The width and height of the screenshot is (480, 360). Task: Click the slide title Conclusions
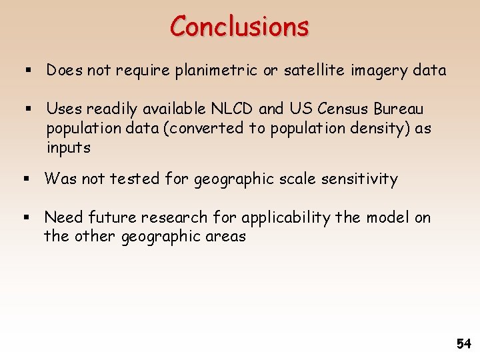[x=239, y=27]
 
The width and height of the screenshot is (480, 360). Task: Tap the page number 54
[x=463, y=344]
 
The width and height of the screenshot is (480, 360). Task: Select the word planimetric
[x=210, y=71]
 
